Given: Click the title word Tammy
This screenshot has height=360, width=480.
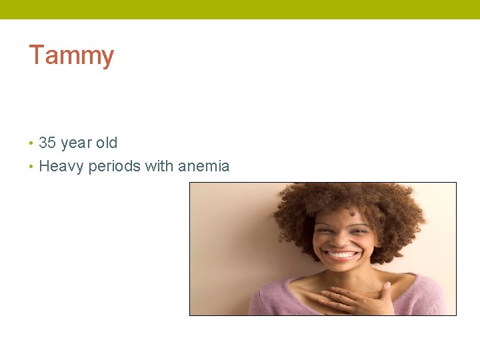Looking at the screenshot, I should [x=71, y=55].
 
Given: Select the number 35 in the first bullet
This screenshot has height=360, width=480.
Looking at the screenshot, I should [x=47, y=143].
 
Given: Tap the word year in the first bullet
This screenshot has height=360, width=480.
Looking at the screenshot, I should [x=76, y=143].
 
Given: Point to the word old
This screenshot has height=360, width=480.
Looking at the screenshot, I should [x=107, y=143].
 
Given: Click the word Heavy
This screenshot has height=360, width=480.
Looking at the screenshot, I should [x=61, y=167].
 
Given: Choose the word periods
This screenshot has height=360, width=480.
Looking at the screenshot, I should [x=114, y=167].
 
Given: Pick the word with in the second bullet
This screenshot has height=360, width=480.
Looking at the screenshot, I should [x=158, y=166].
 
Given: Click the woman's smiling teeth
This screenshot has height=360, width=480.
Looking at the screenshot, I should [x=342, y=255].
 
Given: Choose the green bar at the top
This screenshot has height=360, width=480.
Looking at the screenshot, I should [x=240, y=9].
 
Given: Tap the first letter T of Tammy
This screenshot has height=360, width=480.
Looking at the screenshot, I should [x=36, y=55].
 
